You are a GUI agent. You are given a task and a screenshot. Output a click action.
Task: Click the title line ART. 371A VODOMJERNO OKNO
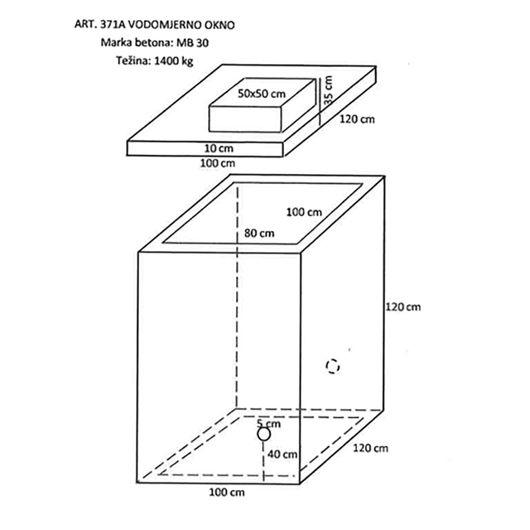coord(154,25)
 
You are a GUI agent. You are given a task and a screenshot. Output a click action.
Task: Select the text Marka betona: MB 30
coord(155,43)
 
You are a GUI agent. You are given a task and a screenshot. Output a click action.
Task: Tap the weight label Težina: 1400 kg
coord(155,61)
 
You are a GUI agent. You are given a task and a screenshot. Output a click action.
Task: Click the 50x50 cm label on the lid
coord(262,94)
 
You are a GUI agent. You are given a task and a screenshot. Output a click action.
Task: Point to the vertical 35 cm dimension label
coord(328,90)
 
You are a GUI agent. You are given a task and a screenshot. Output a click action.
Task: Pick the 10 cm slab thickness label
coord(219,148)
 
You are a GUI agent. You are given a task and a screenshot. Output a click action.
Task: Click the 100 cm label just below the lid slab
coord(218,163)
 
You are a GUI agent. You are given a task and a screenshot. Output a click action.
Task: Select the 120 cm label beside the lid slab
coord(357,119)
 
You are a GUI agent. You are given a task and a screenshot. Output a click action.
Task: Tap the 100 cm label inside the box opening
coord(304,213)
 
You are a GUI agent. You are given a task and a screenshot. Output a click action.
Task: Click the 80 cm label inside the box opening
coord(259,233)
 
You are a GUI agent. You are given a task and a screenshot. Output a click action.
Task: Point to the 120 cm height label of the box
coord(403,307)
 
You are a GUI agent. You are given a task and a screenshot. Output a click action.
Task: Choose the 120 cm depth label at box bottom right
coord(370,448)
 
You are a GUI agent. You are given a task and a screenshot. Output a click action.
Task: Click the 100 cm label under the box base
coord(227,492)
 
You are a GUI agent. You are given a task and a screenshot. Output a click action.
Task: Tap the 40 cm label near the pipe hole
coord(282,454)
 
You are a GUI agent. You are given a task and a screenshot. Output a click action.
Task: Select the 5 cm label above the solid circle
coord(269,423)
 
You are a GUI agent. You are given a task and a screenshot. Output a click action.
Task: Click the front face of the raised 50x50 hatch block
coord(245,119)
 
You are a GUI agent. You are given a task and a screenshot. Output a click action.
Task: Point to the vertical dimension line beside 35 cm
coord(320,102)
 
